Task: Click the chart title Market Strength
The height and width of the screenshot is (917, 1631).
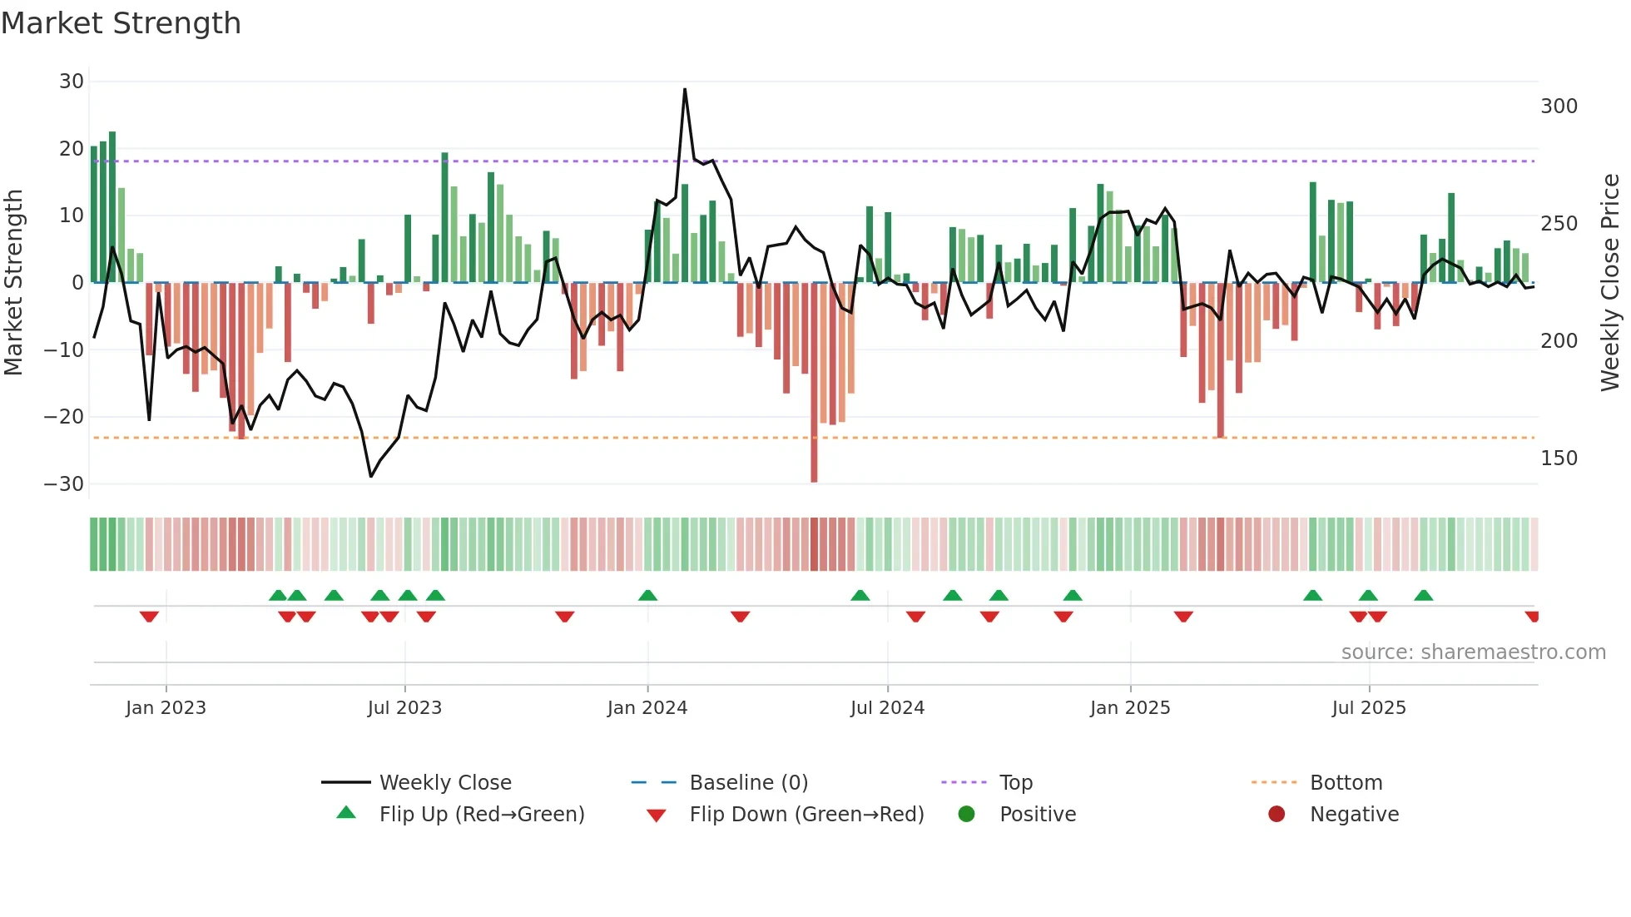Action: click(121, 23)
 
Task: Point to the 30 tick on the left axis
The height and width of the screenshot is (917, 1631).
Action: click(72, 82)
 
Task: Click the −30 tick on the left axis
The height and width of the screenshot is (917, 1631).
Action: click(64, 484)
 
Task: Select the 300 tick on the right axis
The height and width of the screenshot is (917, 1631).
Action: click(1559, 107)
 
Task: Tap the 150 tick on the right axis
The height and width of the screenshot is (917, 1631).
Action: click(1559, 458)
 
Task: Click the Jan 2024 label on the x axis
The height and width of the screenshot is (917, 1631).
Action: click(647, 708)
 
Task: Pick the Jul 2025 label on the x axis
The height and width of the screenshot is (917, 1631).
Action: click(1369, 708)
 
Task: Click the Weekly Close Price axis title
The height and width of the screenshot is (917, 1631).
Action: click(1610, 283)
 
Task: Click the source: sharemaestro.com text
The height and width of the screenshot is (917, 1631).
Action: click(1473, 652)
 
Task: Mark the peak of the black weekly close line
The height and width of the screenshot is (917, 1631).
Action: click(685, 90)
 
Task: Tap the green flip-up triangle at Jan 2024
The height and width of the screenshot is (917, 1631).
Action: click(647, 596)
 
